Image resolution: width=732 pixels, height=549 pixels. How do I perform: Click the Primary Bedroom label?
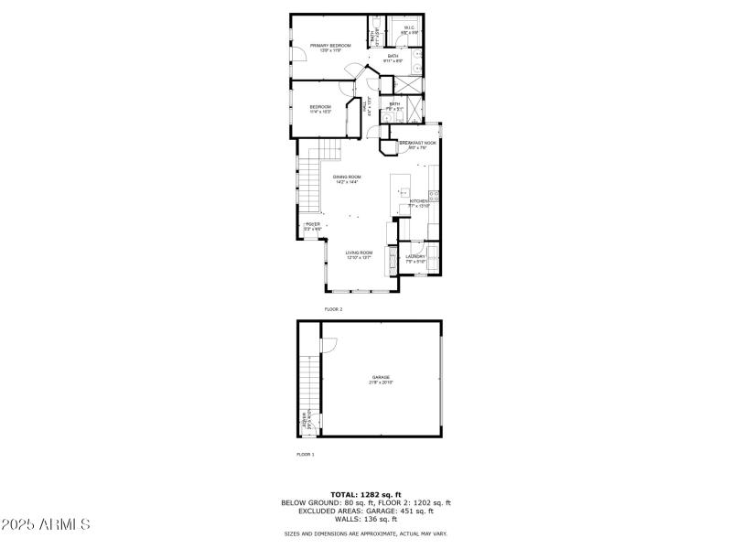pos(330,45)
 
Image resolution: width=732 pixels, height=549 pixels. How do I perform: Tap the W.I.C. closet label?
pos(409,28)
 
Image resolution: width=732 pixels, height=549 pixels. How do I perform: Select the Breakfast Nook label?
pos(418,143)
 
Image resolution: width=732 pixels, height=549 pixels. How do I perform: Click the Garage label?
pos(381,378)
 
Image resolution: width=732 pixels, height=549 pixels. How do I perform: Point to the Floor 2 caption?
pos(333,310)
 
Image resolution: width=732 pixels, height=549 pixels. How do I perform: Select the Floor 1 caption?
pos(306,454)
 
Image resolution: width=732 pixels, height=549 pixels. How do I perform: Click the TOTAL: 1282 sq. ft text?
pos(365,494)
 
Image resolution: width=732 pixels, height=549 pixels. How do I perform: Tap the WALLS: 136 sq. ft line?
pos(365,520)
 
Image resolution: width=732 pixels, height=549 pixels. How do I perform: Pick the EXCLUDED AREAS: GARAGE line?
pos(365,511)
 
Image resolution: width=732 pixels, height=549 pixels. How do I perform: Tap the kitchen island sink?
pos(403,193)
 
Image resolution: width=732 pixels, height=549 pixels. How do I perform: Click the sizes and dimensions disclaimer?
pos(365,533)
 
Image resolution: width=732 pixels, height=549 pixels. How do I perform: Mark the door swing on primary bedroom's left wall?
pos(298,54)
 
